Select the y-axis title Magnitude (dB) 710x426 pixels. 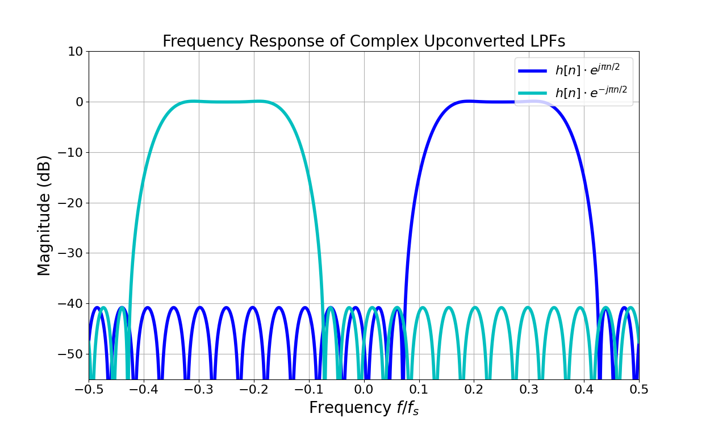pyautogui.click(x=44, y=215)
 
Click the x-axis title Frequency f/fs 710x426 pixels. pyautogui.click(x=364, y=408)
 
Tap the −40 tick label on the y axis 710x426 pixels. pyautogui.click(x=70, y=304)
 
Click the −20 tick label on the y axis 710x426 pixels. pyautogui.click(x=70, y=203)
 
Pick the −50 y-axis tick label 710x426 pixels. pyautogui.click(x=70, y=354)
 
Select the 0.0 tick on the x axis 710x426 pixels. pyautogui.click(x=364, y=390)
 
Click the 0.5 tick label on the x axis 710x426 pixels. pyautogui.click(x=638, y=390)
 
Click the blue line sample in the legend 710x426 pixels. pyautogui.click(x=533, y=71)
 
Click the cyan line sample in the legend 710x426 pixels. pyautogui.click(x=533, y=93)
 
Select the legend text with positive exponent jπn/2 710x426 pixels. pyautogui.click(x=587, y=70)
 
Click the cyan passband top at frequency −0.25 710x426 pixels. pyautogui.click(x=226, y=102)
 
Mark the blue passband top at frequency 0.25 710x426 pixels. pyautogui.click(x=502, y=102)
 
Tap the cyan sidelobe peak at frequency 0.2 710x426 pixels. pyautogui.click(x=474, y=308)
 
